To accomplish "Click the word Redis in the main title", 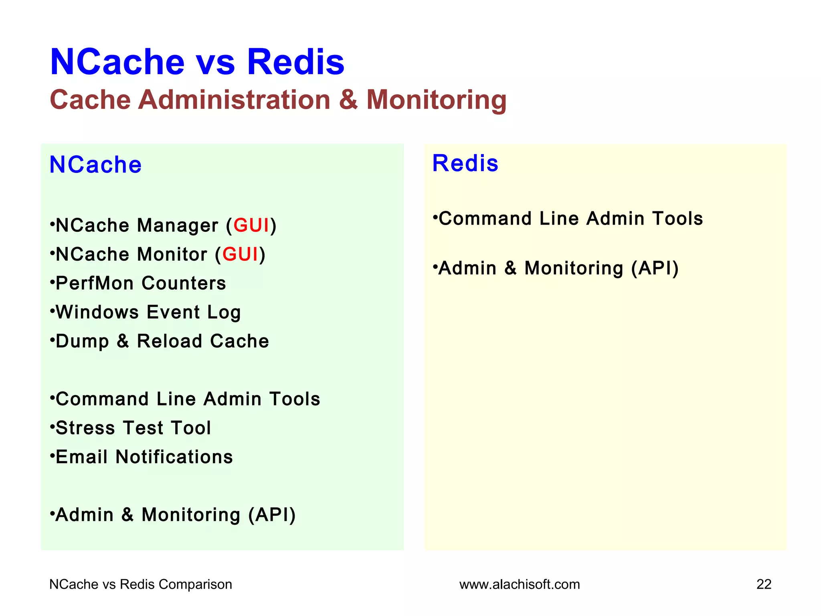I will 295,62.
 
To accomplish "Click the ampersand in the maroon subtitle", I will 348,99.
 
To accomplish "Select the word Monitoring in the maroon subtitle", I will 436,100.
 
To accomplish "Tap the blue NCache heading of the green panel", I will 95,165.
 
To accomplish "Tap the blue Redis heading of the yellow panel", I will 465,164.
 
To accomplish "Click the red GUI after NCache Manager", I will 251,225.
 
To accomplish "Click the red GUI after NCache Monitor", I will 240,254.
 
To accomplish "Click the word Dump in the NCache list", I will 82,341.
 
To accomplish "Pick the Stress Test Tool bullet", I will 133,428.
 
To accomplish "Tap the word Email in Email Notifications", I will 82,457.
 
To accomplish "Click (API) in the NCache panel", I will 272,515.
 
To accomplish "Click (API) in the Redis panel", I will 655,268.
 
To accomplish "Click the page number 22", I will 764,584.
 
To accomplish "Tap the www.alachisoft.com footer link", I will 520,584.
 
